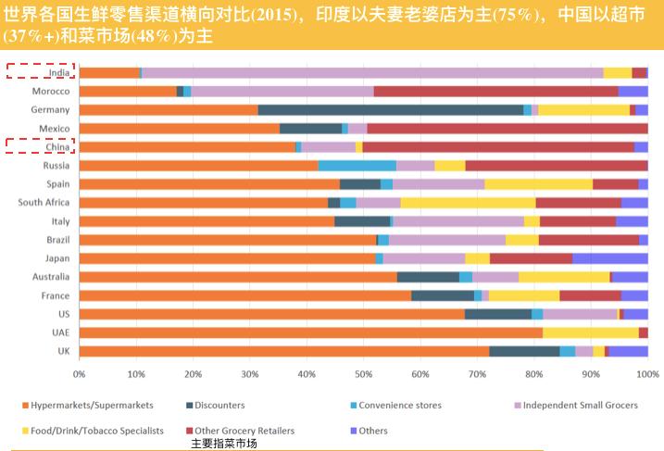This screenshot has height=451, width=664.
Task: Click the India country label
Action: pyautogui.click(x=57, y=72)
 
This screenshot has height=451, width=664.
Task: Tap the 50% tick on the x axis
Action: pyautogui.click(x=363, y=373)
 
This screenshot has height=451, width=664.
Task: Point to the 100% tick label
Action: pyautogui.click(x=646, y=373)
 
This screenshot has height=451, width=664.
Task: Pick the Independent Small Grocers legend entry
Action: pyautogui.click(x=574, y=406)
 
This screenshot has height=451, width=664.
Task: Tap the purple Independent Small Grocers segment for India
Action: pyautogui.click(x=370, y=72)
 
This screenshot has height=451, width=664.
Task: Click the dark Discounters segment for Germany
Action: pyautogui.click(x=390, y=109)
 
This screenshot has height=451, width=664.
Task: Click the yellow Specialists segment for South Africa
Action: pyautogui.click(x=468, y=202)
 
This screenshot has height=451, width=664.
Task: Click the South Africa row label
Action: pyautogui.click(x=44, y=202)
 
